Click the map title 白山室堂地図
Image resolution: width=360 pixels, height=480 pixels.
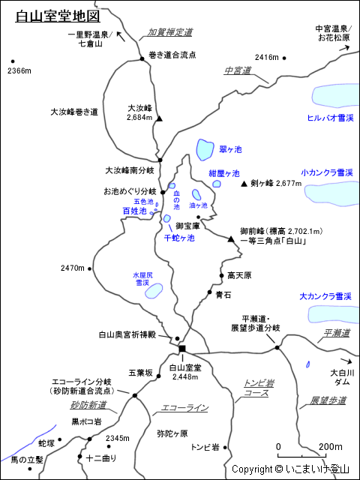coord(57,16)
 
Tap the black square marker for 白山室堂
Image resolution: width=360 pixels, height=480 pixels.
coord(182,348)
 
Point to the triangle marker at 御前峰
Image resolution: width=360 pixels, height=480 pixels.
coord(231,239)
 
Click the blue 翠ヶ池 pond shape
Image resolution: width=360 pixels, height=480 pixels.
coord(203,149)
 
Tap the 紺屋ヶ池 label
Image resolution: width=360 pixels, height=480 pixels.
coord(224,173)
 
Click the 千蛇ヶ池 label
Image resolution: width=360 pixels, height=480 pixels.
coord(178,238)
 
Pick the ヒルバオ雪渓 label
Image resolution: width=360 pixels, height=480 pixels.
coord(330,118)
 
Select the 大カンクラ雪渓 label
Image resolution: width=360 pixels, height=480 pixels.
coord(325,297)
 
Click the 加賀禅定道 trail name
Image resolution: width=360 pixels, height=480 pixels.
coord(169,32)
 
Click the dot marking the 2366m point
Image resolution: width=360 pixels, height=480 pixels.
coord(12,62)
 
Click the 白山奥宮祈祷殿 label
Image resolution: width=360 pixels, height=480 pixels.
coord(131,334)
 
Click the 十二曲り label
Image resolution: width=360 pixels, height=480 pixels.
coord(102,457)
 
